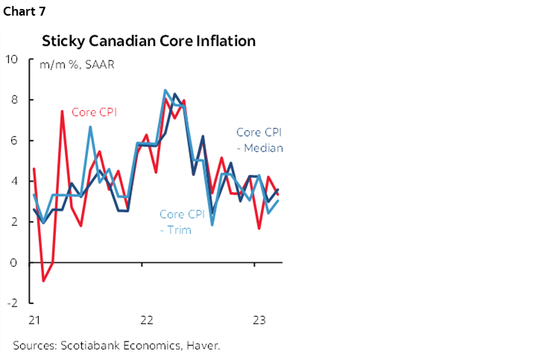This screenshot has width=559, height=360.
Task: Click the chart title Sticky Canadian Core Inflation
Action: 148,41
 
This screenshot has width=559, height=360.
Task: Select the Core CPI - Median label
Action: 259,139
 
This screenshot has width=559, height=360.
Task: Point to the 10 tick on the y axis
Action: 13,59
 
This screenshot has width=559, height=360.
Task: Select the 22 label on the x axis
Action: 147,320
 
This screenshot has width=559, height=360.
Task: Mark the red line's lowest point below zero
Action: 43,281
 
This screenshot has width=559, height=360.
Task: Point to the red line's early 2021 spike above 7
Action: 62,111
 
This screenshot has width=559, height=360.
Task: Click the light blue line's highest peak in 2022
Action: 165,90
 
